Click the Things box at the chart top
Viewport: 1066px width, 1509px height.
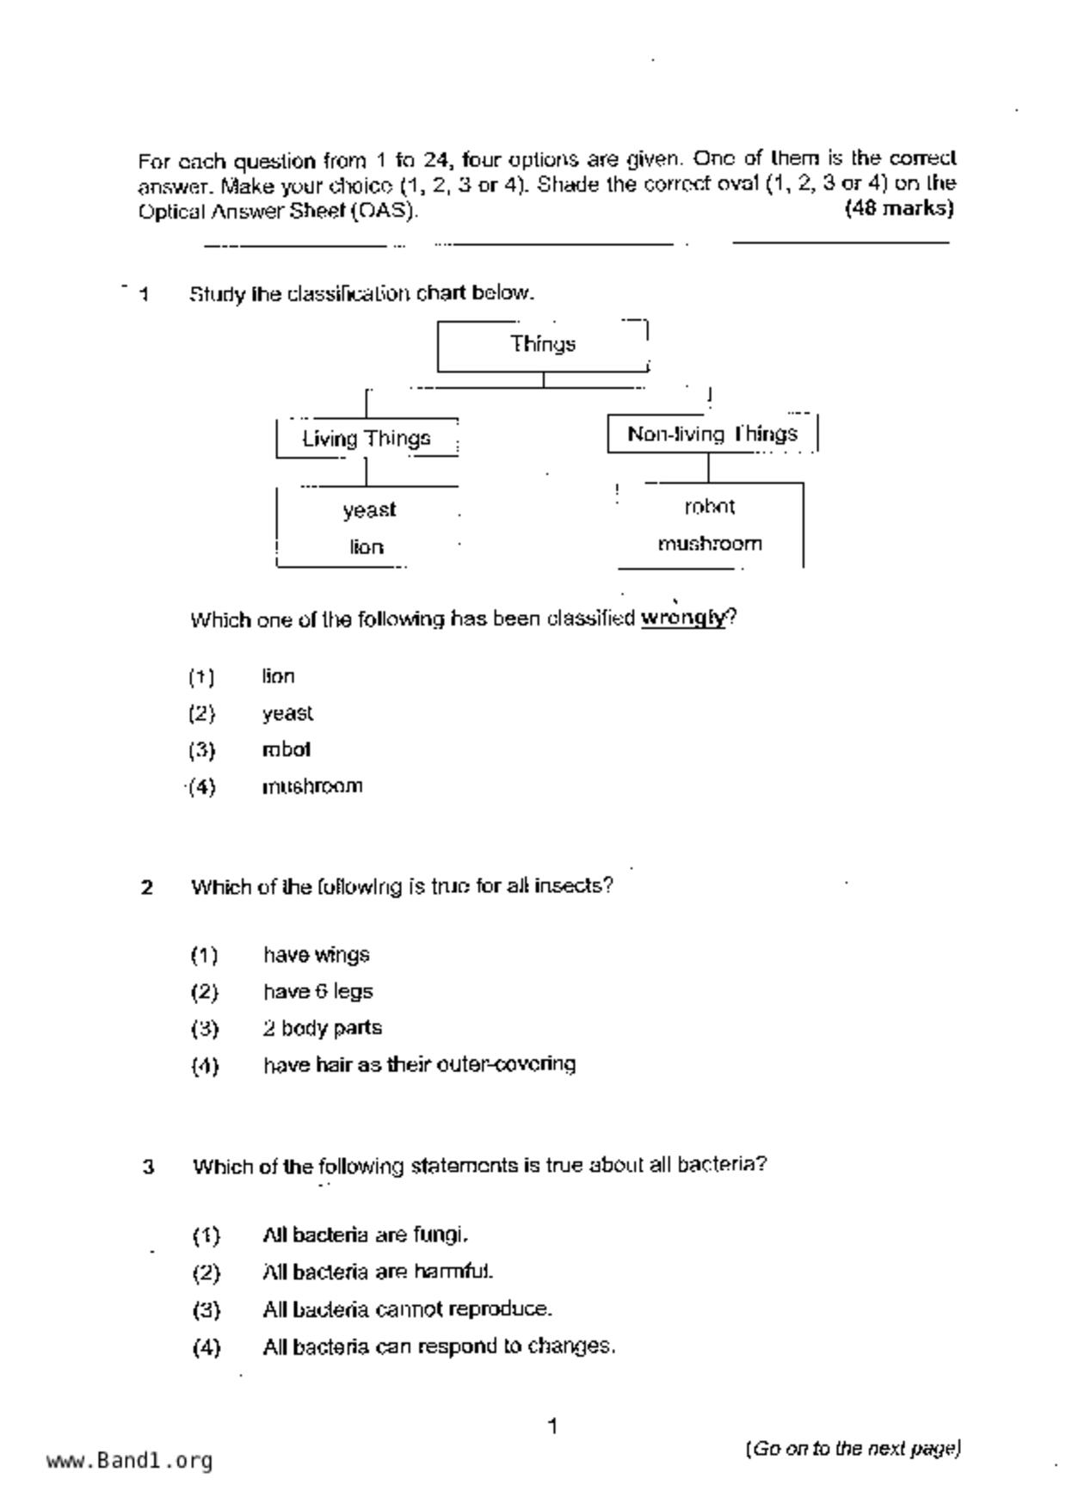pos(542,345)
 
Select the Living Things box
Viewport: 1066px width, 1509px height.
pos(367,439)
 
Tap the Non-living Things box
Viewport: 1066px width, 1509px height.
pos(712,434)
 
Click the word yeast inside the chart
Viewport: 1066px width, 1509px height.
pos(369,510)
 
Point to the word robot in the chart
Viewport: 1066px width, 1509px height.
pos(710,507)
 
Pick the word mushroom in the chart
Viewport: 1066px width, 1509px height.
pos(710,544)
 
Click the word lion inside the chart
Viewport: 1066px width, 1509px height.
pos(367,547)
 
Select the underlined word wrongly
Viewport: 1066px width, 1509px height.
pos(683,619)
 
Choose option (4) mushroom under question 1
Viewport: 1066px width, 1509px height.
pos(312,786)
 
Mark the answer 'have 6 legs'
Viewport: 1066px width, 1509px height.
pos(317,992)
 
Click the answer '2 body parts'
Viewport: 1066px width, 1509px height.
pos(322,1028)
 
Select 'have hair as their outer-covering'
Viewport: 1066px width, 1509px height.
pos(419,1065)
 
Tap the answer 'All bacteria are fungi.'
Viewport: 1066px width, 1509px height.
pos(365,1235)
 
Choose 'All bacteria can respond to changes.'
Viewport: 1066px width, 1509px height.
pos(439,1346)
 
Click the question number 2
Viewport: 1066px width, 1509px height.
pos(147,887)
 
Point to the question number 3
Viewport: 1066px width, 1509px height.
pos(149,1167)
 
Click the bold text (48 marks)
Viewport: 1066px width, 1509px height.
pos(899,208)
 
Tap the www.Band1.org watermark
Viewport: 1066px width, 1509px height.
pos(129,1461)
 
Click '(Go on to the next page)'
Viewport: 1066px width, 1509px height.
pos(853,1449)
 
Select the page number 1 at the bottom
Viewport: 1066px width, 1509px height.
pos(552,1426)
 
